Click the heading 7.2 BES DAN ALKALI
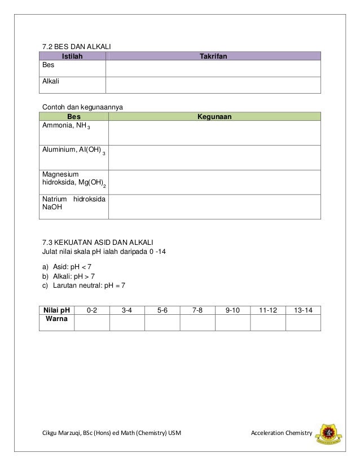click(74, 46)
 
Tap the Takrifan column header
click(213, 56)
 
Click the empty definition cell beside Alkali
click(213, 85)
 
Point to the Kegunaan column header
click(214, 117)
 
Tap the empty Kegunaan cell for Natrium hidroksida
click(214, 206)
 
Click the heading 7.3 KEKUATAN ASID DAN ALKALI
click(95, 243)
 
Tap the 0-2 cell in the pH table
click(91, 310)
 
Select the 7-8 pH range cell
click(197, 310)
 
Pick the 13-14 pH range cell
click(303, 310)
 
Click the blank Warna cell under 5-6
click(162, 322)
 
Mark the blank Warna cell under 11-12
click(267, 322)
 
